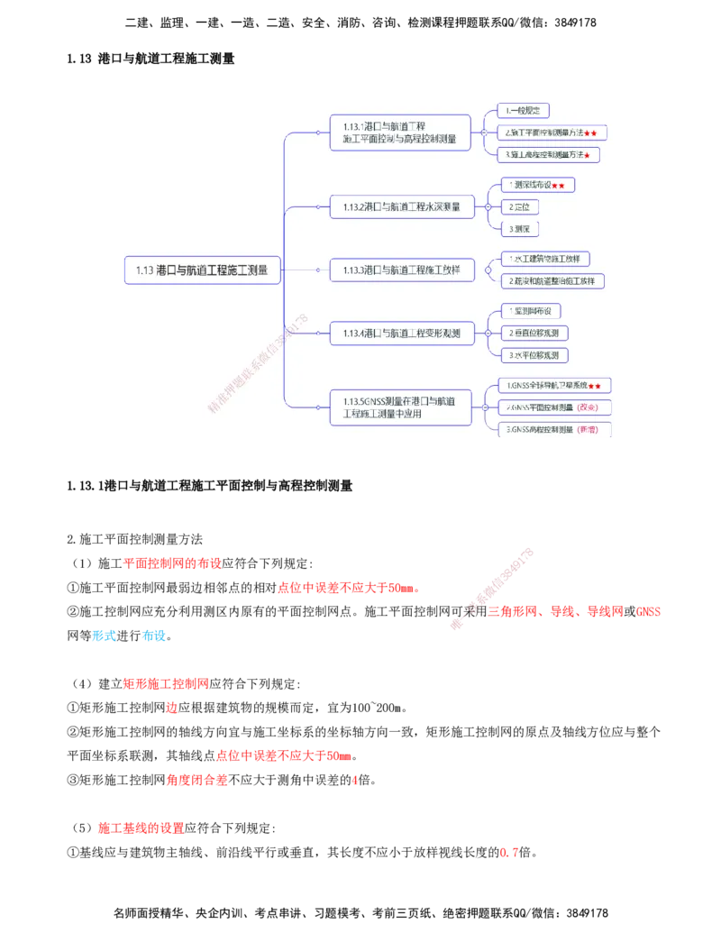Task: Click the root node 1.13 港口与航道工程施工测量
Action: (203, 270)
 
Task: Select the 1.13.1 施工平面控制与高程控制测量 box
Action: (399, 133)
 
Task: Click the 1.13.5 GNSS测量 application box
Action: (399, 407)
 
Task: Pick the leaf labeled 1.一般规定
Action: (524, 111)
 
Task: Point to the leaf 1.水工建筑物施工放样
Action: (545, 259)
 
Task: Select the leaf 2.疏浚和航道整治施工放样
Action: (552, 280)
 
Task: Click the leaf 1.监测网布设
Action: (531, 311)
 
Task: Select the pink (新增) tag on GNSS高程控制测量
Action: (588, 429)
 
